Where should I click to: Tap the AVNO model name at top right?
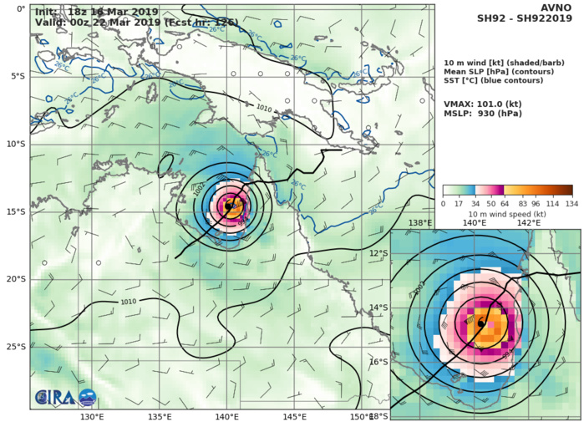pyautogui.click(x=558, y=7)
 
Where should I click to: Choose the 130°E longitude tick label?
pyautogui.click(x=92, y=416)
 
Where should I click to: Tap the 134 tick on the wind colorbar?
pyautogui.click(x=572, y=203)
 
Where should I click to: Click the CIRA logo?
pyautogui.click(x=53, y=398)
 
